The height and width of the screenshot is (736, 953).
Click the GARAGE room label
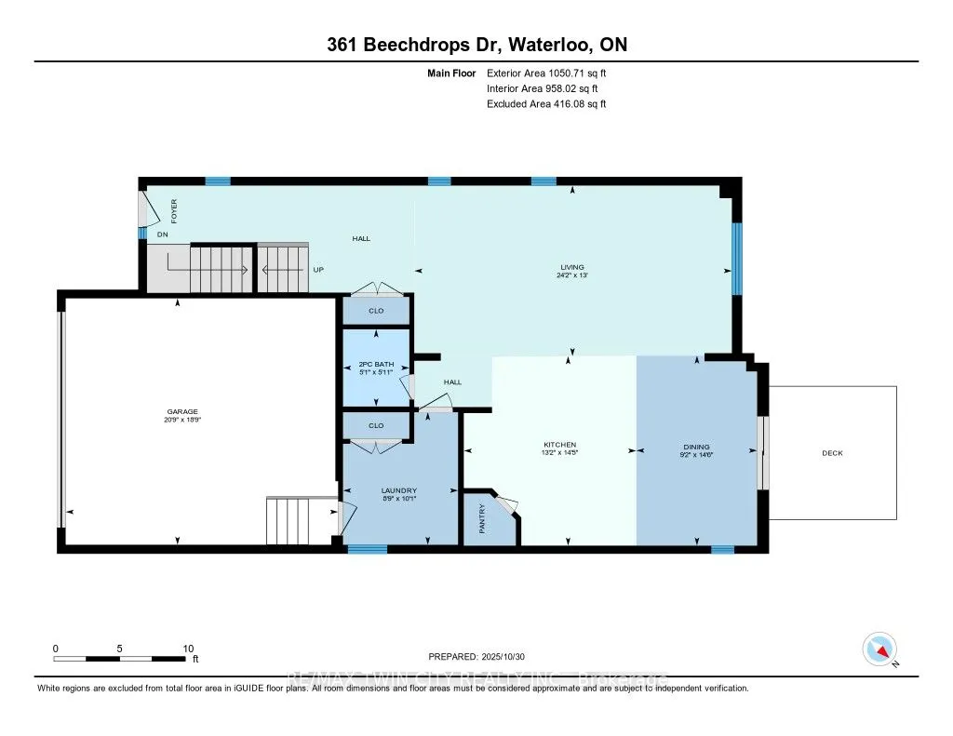coord(183,411)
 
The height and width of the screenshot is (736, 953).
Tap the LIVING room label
coord(572,267)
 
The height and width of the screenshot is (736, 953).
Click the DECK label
coord(832,453)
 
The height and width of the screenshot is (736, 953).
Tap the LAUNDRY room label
coord(398,490)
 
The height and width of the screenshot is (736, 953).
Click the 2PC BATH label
coord(376,364)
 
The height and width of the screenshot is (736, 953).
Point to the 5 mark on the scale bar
coord(120,649)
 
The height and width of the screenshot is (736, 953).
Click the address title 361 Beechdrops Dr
coord(476,46)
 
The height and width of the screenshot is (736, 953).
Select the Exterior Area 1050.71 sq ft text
coord(546,73)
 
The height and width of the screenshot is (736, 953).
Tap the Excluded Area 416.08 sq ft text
coord(546,104)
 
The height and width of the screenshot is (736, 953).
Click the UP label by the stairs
coord(318,270)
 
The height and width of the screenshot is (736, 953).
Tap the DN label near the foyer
coord(162,235)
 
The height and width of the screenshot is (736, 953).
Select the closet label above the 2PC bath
coord(376,311)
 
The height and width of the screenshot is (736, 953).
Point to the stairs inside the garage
coord(288,521)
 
